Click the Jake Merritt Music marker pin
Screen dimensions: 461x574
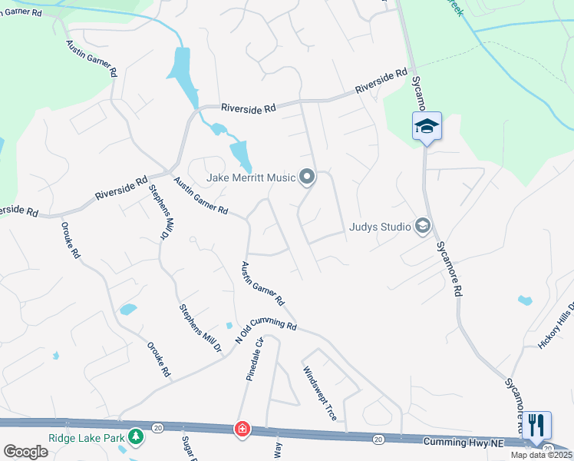[307, 177]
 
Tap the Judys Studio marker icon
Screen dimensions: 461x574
[421, 225]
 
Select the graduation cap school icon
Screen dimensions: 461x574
[427, 127]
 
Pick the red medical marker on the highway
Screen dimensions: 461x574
[242, 428]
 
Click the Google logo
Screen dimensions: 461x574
[25, 452]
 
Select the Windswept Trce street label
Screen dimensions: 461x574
[319, 393]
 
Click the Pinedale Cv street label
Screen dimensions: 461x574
[254, 359]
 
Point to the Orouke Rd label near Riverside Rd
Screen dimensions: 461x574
[71, 240]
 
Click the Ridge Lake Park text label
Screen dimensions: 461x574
[86, 438]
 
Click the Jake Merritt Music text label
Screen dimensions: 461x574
[251, 178]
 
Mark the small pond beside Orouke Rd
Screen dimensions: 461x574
[128, 310]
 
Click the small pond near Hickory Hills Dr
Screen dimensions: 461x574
[525, 300]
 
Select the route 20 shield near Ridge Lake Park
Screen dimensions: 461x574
[157, 427]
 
